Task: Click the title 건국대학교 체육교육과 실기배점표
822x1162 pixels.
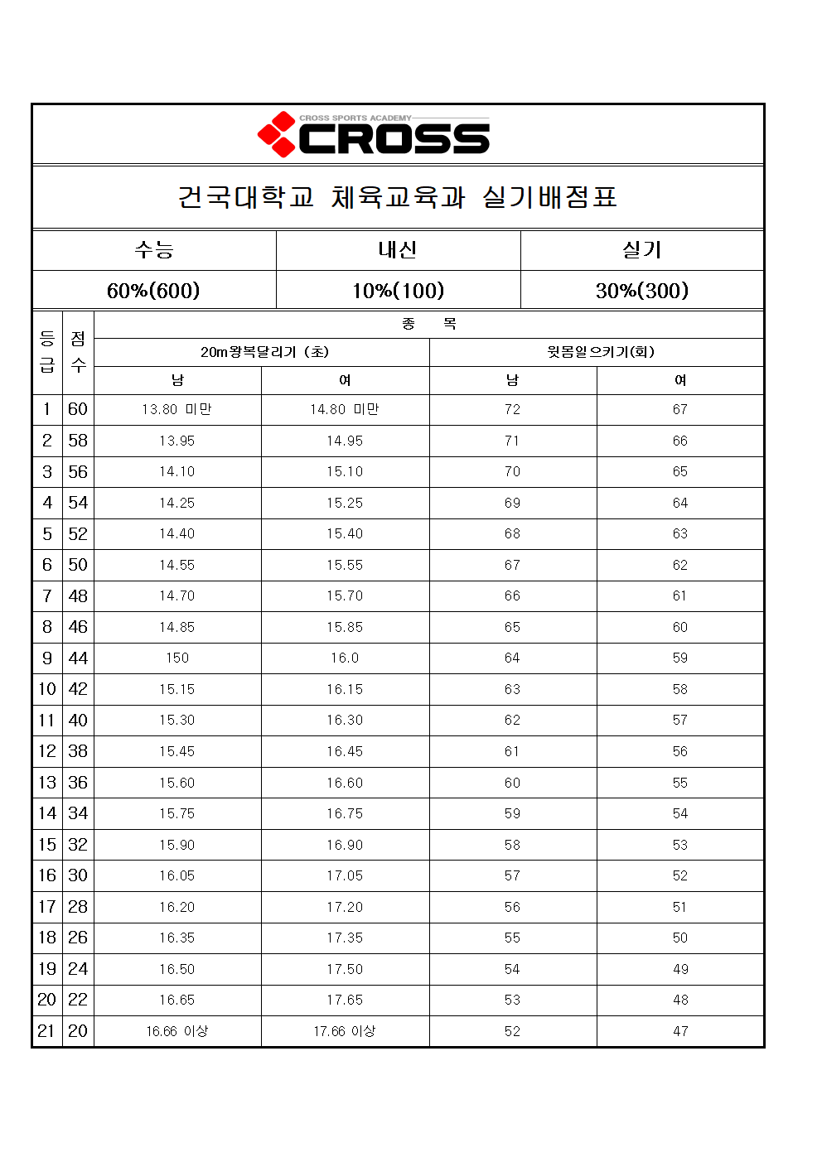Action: [398, 197]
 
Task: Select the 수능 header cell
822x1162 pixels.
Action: [154, 249]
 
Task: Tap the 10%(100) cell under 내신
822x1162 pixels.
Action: [398, 291]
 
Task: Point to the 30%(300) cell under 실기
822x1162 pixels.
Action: [641, 291]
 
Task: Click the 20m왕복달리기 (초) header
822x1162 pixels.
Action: [264, 352]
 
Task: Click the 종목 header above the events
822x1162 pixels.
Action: [428, 324]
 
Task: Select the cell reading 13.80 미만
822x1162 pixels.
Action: [177, 409]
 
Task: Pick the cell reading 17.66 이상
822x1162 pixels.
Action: [344, 1031]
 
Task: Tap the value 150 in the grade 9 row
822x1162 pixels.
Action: [177, 658]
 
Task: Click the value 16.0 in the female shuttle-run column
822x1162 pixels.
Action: [344, 658]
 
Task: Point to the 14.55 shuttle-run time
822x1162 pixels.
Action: [177, 565]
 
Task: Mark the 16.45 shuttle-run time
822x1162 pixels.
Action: [344, 751]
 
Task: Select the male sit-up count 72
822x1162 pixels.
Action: [512, 409]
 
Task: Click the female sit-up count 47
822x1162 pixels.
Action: [680, 1031]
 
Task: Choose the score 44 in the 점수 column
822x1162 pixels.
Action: [78, 658]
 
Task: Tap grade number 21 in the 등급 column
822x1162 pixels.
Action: [46, 1031]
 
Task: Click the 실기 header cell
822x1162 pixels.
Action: [641, 249]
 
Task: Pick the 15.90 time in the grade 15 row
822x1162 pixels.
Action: [177, 845]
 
